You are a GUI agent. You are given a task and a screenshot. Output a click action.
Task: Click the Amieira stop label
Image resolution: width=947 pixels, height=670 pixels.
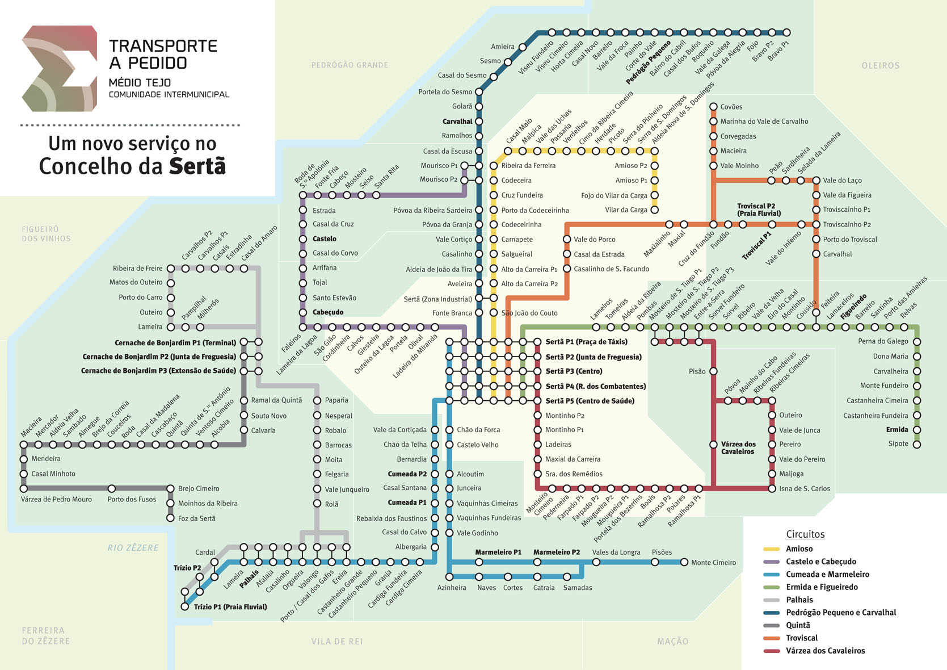click(502, 47)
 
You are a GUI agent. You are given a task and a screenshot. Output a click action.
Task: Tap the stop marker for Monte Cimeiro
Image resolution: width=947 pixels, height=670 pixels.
click(684, 562)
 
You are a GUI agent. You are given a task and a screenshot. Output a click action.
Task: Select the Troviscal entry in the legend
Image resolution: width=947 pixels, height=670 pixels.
click(802, 638)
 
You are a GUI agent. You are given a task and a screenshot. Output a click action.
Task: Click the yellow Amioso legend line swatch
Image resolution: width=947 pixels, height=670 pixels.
click(772, 549)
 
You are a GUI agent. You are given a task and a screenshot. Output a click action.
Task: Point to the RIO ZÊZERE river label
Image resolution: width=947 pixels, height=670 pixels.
click(133, 548)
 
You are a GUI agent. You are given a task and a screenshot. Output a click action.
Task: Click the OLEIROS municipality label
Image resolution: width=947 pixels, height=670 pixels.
click(881, 66)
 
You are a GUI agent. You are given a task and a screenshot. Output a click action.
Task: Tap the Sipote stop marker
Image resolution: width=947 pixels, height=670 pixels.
click(916, 444)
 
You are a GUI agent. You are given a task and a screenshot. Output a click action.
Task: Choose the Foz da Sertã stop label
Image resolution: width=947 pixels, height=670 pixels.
click(196, 518)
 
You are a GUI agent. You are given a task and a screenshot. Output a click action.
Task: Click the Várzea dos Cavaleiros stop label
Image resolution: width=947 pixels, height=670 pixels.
click(738, 448)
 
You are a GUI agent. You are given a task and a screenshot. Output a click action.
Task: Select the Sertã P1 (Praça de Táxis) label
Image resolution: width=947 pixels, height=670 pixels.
click(586, 342)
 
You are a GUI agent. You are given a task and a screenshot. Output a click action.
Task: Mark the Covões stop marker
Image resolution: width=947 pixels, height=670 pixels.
click(713, 107)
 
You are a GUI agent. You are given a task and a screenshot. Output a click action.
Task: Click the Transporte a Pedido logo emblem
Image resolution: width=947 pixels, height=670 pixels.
click(60, 68)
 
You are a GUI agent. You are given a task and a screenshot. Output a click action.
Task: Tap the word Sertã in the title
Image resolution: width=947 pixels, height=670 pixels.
click(197, 166)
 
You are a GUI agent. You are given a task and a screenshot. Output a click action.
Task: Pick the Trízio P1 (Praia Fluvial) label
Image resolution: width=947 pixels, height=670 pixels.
click(230, 607)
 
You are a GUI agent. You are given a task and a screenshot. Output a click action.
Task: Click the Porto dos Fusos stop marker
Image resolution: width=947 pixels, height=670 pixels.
click(112, 488)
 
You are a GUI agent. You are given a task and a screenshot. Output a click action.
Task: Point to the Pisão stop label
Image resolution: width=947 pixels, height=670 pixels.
click(697, 371)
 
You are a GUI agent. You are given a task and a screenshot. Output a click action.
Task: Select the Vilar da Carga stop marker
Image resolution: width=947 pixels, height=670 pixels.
click(654, 210)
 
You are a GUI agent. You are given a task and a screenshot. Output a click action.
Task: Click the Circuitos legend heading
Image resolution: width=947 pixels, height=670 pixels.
click(805, 534)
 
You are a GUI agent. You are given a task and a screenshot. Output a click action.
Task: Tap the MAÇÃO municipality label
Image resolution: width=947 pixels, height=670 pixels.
click(672, 641)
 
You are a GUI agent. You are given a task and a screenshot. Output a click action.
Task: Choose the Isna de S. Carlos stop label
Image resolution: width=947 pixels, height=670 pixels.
click(804, 488)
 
